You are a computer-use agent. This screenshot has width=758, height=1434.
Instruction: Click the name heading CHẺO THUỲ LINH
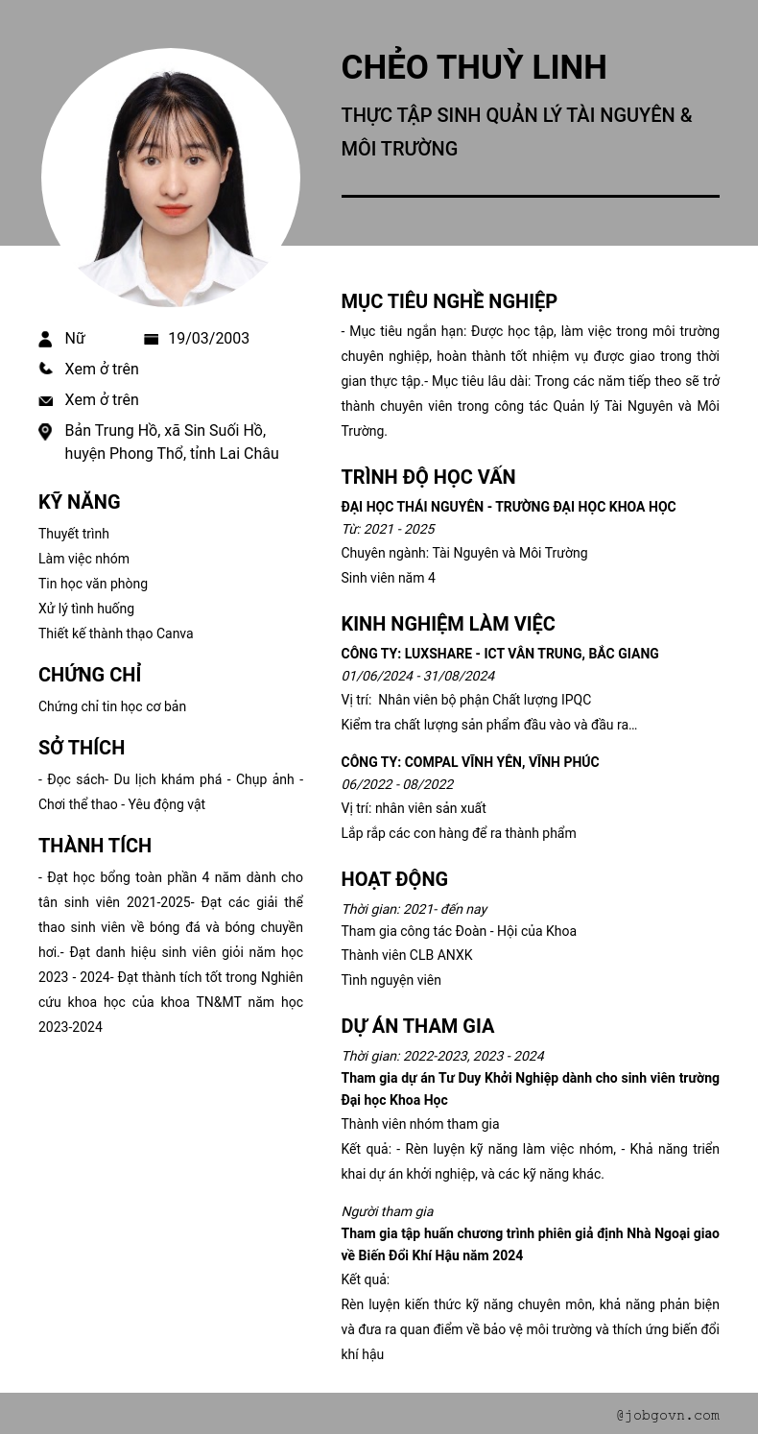point(473,67)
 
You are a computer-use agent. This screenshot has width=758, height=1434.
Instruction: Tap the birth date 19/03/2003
point(208,338)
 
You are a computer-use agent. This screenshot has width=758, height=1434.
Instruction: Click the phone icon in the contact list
point(45,369)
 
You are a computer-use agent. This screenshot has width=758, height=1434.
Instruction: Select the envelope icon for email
point(45,400)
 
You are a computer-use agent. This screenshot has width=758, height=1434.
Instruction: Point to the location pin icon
point(45,432)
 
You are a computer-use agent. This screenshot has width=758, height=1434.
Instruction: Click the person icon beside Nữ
point(45,339)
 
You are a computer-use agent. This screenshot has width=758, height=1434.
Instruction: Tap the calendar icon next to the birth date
point(151,339)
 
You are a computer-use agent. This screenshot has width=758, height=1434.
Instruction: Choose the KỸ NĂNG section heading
point(79,502)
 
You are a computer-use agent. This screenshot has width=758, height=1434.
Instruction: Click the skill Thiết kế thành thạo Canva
point(115,633)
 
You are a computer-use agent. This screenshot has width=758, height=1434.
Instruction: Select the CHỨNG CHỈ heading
point(89,675)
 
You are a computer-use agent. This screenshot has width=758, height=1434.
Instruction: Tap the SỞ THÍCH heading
point(82,748)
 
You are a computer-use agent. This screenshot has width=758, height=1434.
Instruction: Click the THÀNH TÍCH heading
point(95,846)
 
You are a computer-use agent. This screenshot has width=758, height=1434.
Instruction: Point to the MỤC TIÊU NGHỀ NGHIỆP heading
point(449,301)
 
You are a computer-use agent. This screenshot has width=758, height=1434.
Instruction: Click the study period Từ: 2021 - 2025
point(388,529)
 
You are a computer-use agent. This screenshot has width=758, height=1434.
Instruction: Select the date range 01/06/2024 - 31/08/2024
point(417,676)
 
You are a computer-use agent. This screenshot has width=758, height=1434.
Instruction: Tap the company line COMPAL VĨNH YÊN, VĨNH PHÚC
point(470,762)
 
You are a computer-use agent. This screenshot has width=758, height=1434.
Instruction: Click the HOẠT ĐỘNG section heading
point(394,879)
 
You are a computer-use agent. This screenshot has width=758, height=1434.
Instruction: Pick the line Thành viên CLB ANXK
point(407,955)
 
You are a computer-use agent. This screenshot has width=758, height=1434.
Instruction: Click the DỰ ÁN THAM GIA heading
point(417,1026)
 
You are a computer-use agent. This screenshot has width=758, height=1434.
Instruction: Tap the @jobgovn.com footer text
point(668,1415)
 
